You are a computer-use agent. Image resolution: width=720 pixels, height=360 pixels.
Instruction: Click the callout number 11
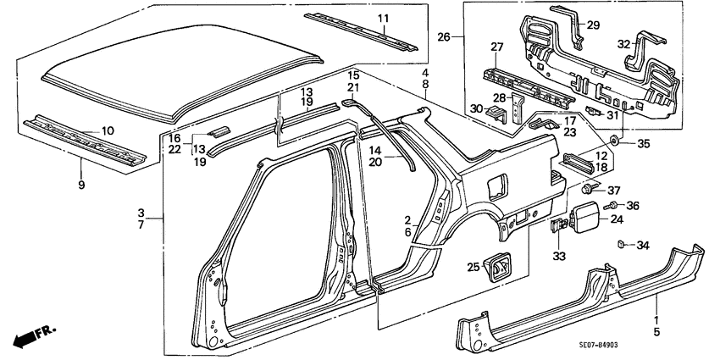[382, 18]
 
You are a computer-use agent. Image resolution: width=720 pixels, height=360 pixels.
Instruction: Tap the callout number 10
[107, 130]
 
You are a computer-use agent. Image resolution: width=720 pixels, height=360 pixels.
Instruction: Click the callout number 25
[472, 268]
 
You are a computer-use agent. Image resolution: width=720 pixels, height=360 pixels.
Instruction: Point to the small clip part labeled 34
[620, 246]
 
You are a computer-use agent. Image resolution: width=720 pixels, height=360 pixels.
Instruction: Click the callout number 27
[498, 47]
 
